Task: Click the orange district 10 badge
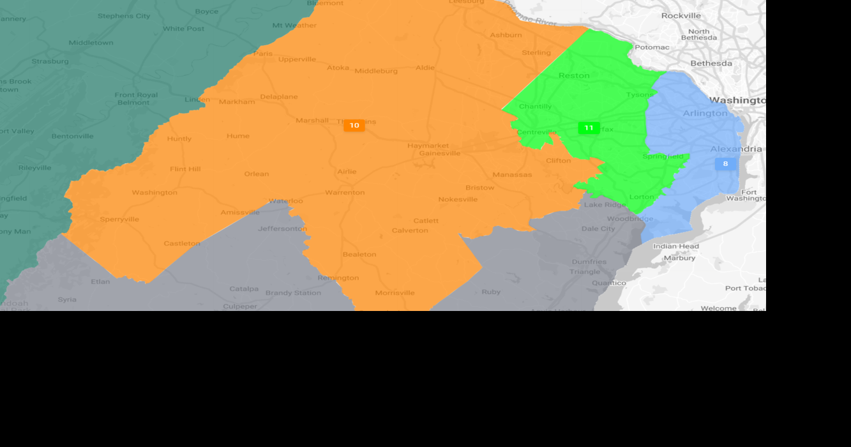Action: [354, 126]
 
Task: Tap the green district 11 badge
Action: [589, 128]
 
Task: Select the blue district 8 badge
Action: [725, 164]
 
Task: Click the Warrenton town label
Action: [345, 192]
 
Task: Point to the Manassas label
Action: [512, 175]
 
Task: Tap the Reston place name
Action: [574, 75]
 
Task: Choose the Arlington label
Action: [705, 113]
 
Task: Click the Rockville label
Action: [681, 15]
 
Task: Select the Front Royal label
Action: [136, 95]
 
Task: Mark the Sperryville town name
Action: [119, 220]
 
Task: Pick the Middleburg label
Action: [376, 71]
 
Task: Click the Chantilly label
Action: [535, 107]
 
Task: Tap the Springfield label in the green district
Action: [663, 156]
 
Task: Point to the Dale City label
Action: [598, 229]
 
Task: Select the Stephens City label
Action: [124, 16]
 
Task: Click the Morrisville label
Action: [395, 293]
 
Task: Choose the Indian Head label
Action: [676, 246]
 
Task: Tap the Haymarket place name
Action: [428, 146]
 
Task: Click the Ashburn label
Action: [506, 35]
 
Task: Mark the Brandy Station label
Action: [293, 293]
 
